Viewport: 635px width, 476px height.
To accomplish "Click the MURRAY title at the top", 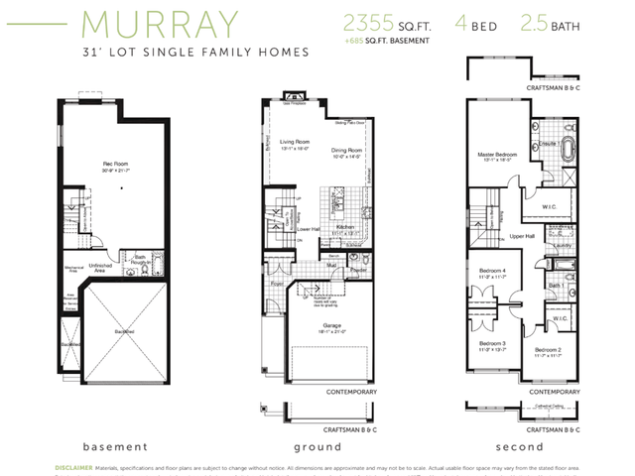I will tap(160, 24).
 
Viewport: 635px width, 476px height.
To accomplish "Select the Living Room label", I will tap(295, 142).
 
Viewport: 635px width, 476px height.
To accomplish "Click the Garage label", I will tap(330, 326).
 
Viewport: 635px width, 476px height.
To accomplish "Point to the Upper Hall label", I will tap(523, 236).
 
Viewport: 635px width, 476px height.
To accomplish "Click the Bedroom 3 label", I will tap(493, 342).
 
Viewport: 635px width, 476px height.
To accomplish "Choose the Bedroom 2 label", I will tap(549, 349).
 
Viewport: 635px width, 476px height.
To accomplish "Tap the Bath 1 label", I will tap(557, 286).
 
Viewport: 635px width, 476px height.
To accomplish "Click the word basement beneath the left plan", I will tap(115, 446).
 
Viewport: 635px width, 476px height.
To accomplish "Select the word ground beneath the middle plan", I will tap(317, 446).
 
